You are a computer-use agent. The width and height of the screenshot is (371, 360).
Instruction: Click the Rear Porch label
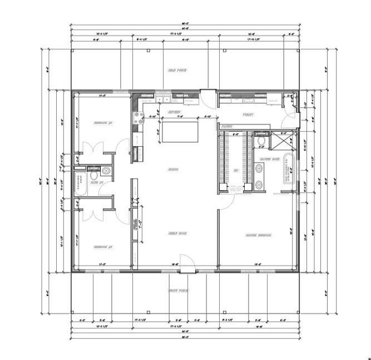(177, 71)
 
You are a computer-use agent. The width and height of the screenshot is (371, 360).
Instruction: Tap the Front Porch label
(177, 291)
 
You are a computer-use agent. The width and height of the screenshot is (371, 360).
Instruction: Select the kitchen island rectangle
(179, 132)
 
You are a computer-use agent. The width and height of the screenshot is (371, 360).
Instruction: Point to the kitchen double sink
(164, 100)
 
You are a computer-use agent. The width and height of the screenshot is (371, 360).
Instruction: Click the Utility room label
(248, 115)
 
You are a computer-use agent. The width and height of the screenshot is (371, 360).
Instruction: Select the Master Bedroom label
(258, 235)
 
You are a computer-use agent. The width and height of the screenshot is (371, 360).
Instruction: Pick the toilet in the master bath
(260, 141)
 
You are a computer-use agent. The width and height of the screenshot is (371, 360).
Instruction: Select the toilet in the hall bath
(106, 171)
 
